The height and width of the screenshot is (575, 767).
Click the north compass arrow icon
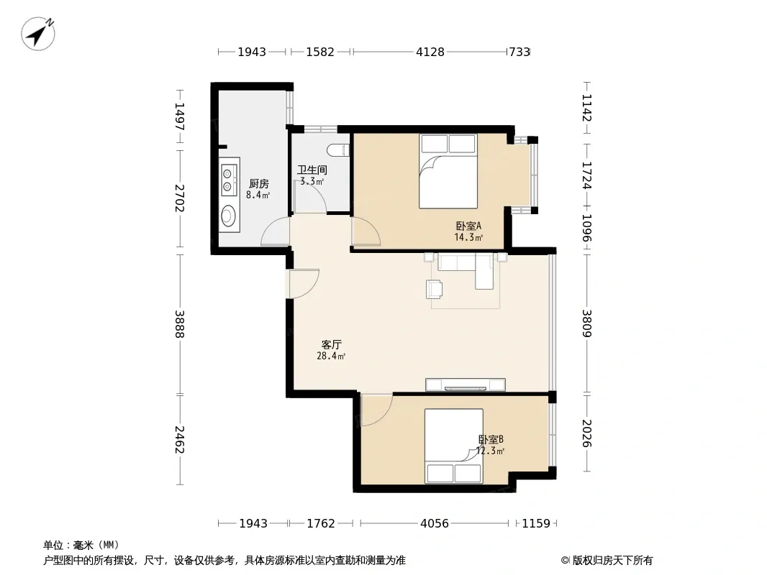point(37,33)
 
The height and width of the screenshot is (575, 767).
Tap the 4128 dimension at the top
point(430,52)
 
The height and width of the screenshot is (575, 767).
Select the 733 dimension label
point(519,52)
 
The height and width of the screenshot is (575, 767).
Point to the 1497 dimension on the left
point(180,116)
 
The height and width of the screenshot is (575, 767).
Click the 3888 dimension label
point(180,324)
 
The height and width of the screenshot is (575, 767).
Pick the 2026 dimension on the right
point(587,433)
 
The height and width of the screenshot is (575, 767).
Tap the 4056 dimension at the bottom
point(435,524)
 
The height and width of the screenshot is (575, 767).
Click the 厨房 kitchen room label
point(259,184)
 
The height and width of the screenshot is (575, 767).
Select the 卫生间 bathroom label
point(312,170)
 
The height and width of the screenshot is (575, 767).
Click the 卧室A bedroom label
point(468,226)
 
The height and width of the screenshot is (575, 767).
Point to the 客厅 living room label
point(331,344)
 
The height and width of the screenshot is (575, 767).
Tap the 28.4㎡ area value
point(331,356)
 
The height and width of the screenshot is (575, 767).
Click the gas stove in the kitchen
point(227,179)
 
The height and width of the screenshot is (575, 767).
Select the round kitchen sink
point(228,215)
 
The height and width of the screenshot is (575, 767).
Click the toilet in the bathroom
point(338,150)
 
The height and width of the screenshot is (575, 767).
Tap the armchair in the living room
point(435,289)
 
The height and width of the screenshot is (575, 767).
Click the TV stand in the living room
point(466,385)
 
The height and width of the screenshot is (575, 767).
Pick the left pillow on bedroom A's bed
point(435,144)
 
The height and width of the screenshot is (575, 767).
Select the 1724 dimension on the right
point(587,175)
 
